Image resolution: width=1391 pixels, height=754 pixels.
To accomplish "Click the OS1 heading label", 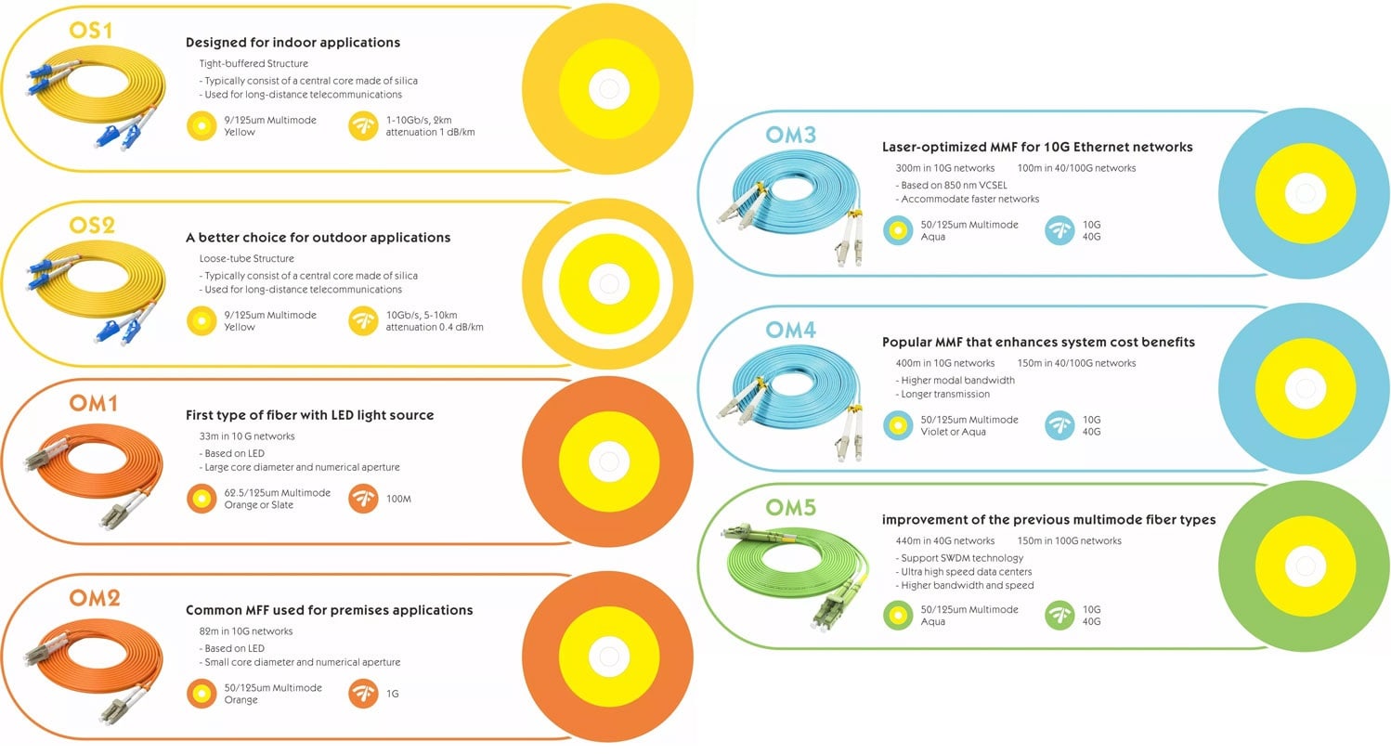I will point(91,31).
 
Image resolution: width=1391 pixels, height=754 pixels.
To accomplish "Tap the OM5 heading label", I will point(790,507).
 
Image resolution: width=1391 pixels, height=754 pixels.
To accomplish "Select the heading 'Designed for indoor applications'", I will point(292,42).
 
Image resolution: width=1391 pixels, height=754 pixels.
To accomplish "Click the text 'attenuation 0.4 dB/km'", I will point(435,327).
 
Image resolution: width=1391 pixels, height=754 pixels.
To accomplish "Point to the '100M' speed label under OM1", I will point(398,499).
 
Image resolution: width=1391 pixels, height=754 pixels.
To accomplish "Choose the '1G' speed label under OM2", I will point(393,693).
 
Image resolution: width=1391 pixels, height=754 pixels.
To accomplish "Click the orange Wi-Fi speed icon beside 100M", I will point(363,499).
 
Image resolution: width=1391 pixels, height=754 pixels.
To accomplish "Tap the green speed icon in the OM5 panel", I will point(1059,615).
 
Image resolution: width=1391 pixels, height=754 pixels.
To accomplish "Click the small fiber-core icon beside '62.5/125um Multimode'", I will point(201,499).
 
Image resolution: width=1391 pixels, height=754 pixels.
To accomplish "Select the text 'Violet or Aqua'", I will point(955,432).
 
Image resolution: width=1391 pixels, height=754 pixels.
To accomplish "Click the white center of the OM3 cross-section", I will point(1303,194).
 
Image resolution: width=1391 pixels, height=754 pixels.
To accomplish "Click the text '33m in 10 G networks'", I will point(247,436).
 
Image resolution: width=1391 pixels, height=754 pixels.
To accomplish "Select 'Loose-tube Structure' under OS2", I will point(246,258).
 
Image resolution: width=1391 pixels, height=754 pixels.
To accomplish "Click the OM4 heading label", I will point(790,330).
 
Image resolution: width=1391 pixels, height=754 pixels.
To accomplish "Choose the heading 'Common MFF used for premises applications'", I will point(329,610).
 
